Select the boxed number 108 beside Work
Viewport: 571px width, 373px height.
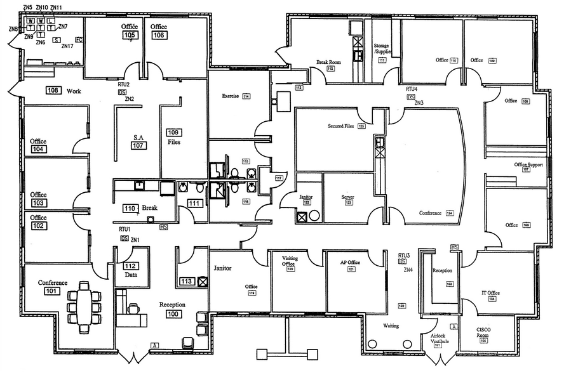[x=53, y=91]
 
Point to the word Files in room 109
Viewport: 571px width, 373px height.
[x=173, y=142]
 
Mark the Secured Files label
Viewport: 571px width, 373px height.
[x=340, y=126]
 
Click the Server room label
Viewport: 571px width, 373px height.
[x=347, y=197]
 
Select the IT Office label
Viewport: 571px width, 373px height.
[x=490, y=293]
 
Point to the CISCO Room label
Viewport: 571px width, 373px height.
[x=485, y=333]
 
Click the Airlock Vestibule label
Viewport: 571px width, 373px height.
[x=440, y=338]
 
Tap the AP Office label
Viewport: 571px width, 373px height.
[x=349, y=262]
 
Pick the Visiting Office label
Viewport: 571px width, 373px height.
[x=289, y=261]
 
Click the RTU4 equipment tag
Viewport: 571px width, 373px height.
[x=412, y=89]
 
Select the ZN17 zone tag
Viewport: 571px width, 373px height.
[x=67, y=46]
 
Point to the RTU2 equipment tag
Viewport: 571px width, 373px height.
[x=123, y=84]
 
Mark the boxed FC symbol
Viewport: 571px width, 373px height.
[x=79, y=39]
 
